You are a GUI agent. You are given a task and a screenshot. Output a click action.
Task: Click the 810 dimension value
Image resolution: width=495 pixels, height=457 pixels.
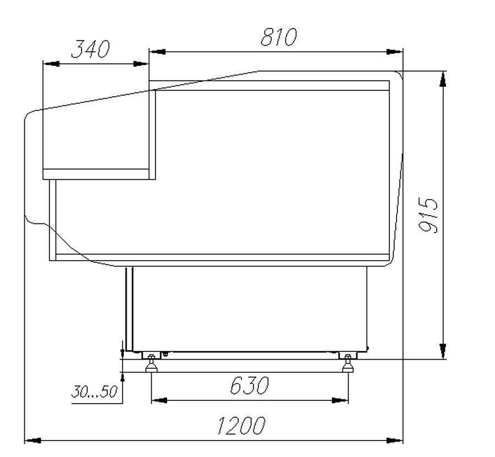279,37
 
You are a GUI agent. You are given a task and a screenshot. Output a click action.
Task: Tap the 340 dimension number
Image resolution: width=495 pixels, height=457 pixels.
91,49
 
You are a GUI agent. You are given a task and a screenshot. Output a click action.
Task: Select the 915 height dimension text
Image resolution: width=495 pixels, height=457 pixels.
428,215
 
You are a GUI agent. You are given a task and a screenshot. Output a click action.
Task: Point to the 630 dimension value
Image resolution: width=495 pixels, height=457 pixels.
249,386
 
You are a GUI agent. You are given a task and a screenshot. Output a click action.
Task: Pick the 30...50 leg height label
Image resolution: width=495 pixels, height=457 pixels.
94,392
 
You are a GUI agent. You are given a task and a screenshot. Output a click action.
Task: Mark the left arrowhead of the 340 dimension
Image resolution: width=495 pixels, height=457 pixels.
51,64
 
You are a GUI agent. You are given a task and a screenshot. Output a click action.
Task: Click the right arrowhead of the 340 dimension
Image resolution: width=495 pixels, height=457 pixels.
141,64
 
